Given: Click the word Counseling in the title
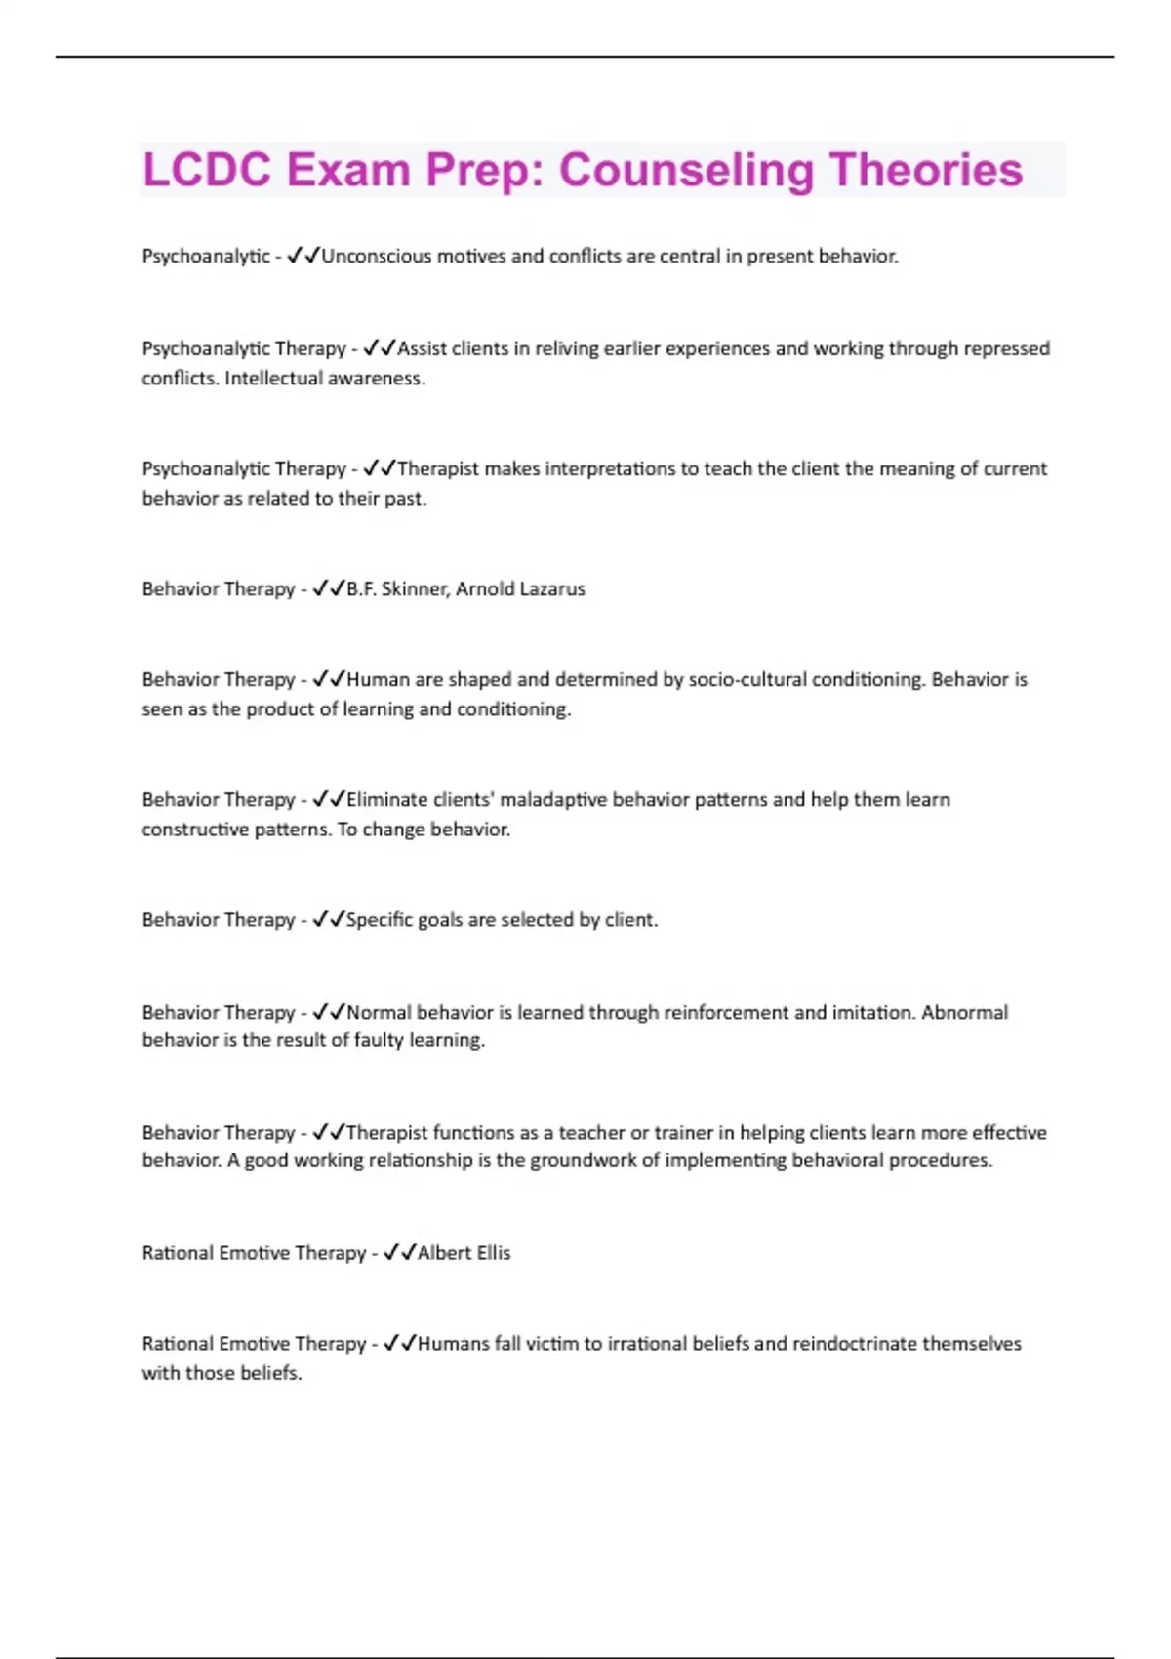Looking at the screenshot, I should coord(686,171).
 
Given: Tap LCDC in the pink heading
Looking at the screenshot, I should coord(207,171).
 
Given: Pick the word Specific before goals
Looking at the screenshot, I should coord(379,920).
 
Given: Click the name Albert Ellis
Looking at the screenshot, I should coord(464,1253).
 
